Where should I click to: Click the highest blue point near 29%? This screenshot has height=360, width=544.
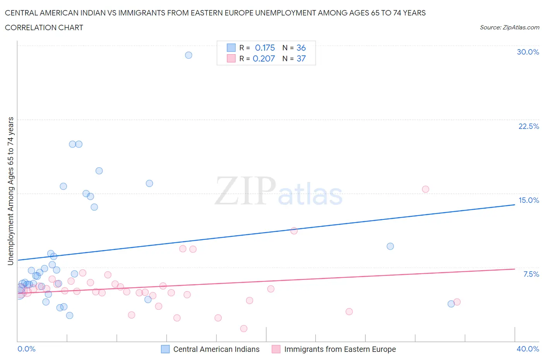[188, 55]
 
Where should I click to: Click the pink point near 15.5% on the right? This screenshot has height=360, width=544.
[425, 189]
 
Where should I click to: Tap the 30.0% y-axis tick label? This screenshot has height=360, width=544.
[528, 52]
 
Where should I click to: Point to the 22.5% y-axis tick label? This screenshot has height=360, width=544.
[529, 126]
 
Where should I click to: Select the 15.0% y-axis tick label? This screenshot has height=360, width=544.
[529, 200]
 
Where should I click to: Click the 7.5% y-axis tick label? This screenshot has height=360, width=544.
[531, 274]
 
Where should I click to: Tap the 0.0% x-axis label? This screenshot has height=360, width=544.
[26, 349]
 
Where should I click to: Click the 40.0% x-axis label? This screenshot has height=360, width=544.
[528, 349]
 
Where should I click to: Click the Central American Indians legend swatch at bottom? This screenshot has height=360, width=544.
[165, 349]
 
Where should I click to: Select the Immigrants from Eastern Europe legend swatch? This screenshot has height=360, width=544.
[276, 349]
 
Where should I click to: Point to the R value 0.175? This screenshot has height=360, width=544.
[265, 48]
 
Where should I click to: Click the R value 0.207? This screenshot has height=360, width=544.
[263, 58]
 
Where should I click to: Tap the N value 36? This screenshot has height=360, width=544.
[301, 48]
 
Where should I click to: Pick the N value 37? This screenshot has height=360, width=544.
[301, 58]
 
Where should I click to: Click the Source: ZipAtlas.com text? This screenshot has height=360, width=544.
[509, 27]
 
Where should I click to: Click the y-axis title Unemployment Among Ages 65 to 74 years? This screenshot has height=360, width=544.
[10, 191]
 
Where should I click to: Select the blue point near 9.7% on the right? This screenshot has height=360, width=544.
[390, 246]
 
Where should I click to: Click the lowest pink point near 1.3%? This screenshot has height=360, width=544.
[243, 329]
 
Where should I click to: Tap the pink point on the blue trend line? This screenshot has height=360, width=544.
[294, 231]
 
